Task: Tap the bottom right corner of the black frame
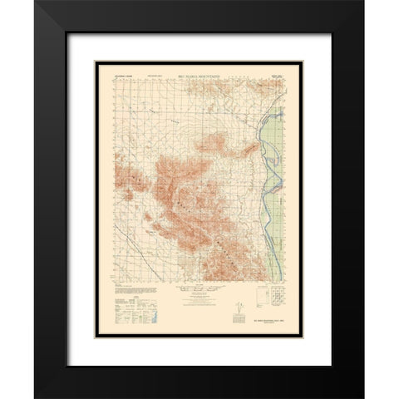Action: point(362,396)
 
